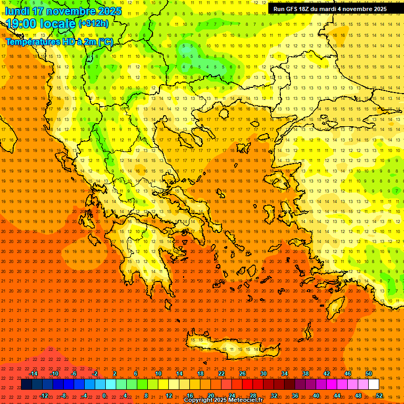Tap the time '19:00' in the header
[x=24, y=24]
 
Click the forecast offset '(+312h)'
[x=94, y=23]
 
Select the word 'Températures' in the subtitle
[x=32, y=42]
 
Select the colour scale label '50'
[x=369, y=373]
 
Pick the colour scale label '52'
[x=379, y=396]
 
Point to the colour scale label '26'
[x=243, y=373]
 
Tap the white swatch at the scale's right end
[x=373, y=385]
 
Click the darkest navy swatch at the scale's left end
[x=26, y=385]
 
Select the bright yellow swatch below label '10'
[x=158, y=385]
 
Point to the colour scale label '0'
[x=104, y=396]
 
